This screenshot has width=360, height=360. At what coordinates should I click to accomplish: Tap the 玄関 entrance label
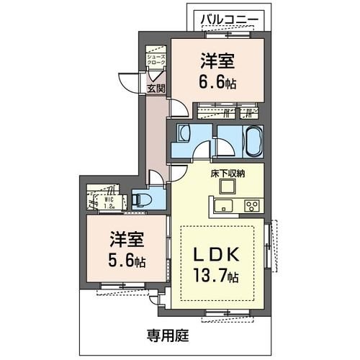coord(156,89)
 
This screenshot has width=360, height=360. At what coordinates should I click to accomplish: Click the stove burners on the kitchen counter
coord(252,206)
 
